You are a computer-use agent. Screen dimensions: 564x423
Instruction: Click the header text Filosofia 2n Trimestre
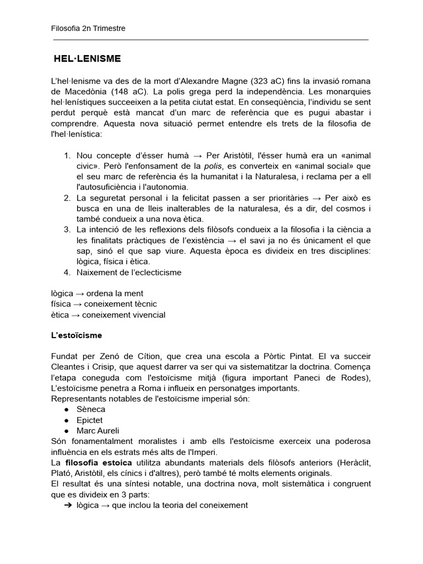(88, 29)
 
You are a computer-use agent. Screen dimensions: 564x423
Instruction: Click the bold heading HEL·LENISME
(87, 58)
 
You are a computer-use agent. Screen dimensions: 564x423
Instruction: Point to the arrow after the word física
(78, 304)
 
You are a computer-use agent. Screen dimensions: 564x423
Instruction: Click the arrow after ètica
(75, 314)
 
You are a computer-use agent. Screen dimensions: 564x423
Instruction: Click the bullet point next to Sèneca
(66, 409)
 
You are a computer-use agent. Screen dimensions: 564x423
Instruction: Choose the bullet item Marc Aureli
(97, 430)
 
